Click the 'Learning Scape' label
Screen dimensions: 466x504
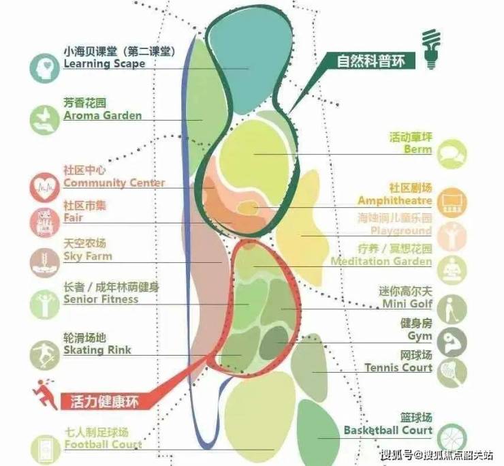[x=104, y=63]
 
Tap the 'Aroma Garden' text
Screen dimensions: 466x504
[x=103, y=115]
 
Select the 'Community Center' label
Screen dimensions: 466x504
[x=114, y=183]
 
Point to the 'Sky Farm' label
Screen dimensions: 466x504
[x=87, y=256]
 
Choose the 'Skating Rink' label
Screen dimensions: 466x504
[x=97, y=350]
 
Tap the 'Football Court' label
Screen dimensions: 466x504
[x=103, y=445]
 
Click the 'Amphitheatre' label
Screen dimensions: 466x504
[x=394, y=201]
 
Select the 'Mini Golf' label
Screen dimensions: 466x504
[x=407, y=303]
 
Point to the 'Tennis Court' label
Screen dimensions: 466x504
[x=398, y=368]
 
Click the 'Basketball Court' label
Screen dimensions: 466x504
[x=388, y=431]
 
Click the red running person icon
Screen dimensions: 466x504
[x=45, y=393]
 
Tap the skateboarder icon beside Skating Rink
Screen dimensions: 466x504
[x=44, y=354]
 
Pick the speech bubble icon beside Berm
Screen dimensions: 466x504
[x=452, y=153]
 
